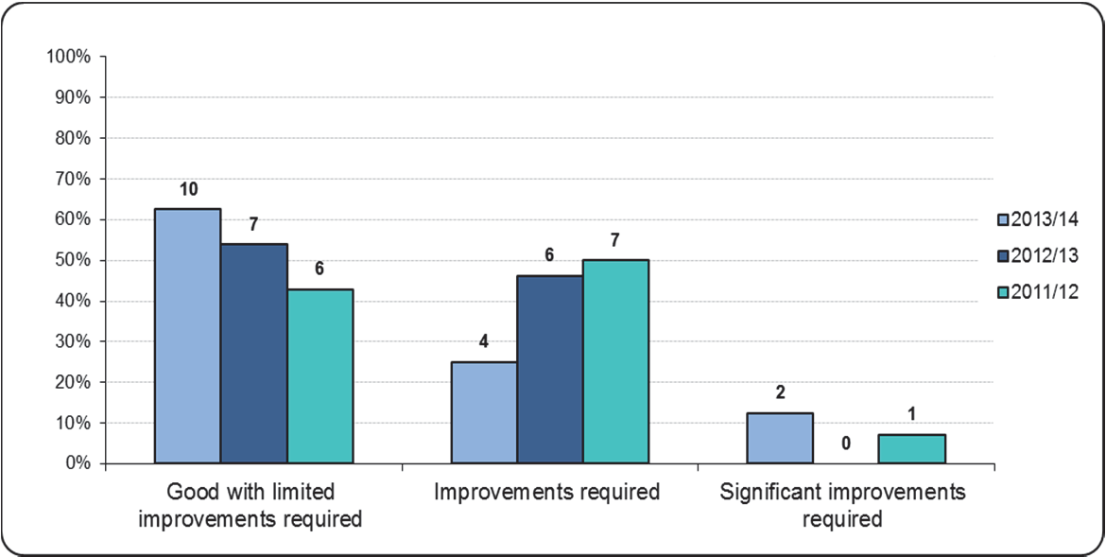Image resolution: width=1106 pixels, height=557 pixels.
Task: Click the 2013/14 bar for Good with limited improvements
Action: (x=187, y=336)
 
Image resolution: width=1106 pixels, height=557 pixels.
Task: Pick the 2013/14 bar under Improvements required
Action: (x=483, y=412)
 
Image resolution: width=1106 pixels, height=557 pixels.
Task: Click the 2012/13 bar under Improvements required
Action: (x=549, y=369)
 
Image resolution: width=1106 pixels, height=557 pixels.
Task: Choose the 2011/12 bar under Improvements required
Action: (x=615, y=361)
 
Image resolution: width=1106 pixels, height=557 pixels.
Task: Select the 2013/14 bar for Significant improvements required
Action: (x=779, y=438)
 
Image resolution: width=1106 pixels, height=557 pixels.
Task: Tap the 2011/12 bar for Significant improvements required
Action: (x=911, y=448)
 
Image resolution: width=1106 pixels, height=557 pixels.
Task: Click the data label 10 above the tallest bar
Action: (x=188, y=190)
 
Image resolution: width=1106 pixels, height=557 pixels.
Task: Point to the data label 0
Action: (x=845, y=442)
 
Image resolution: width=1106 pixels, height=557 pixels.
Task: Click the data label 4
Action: (x=483, y=342)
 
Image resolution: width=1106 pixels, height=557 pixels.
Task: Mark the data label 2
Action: (x=779, y=392)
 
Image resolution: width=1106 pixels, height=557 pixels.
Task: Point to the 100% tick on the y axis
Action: (x=68, y=57)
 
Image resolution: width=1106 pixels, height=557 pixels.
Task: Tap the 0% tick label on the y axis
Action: (x=76, y=464)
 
